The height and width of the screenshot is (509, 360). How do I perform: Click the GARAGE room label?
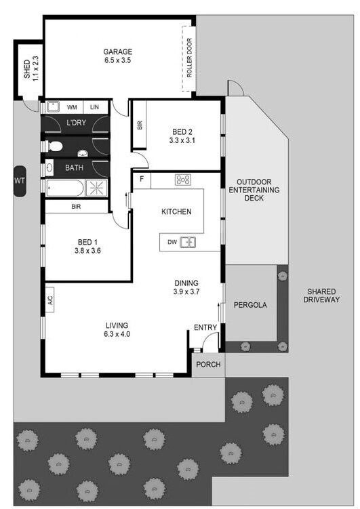(x=117, y=52)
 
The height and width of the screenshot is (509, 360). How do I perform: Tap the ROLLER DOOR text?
(x=189, y=58)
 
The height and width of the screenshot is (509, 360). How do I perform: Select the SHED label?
(x=27, y=68)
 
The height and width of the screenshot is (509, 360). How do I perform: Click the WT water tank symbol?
(x=20, y=181)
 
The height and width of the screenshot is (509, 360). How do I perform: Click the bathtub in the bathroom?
(x=64, y=188)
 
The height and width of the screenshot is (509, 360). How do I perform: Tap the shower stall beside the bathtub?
(x=96, y=188)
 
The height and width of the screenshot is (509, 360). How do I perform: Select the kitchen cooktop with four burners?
(x=183, y=180)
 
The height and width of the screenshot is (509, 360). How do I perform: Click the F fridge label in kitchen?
(x=142, y=178)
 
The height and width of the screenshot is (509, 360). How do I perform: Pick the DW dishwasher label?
(x=172, y=242)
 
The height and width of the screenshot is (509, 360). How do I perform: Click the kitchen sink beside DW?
(x=188, y=242)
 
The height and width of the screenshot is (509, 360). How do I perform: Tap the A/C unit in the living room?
(x=49, y=300)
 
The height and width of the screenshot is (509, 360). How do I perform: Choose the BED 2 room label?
(x=182, y=131)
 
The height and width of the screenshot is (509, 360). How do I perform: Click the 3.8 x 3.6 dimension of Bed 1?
(x=87, y=251)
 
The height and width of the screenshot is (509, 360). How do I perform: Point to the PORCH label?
(x=208, y=365)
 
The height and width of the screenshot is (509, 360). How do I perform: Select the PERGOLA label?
(x=250, y=305)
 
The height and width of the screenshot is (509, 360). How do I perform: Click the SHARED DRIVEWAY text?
(x=321, y=296)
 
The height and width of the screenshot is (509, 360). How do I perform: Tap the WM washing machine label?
(x=72, y=107)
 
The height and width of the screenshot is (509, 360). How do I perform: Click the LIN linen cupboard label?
(x=94, y=107)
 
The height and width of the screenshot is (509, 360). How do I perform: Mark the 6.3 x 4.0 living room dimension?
(x=117, y=333)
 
